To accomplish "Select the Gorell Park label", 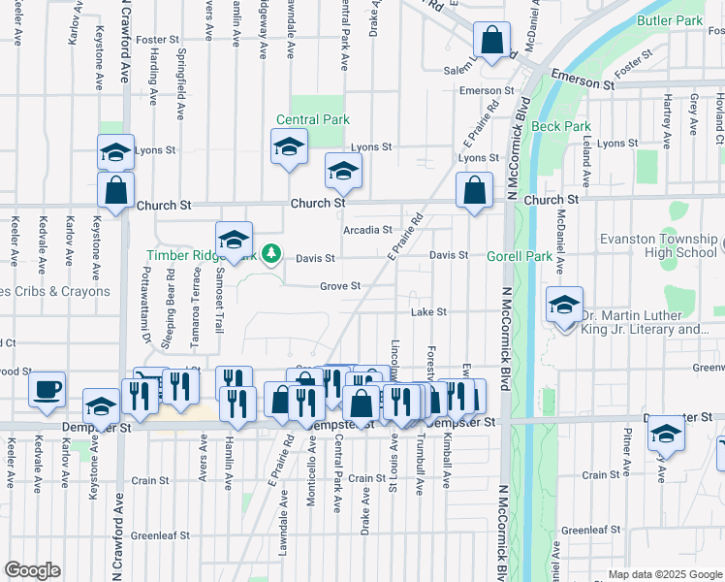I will [x=526, y=256].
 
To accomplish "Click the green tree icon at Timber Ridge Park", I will [x=272, y=254].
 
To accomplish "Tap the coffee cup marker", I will [x=47, y=390].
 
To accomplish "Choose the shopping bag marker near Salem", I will [x=491, y=42].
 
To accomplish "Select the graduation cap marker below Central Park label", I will [x=288, y=147].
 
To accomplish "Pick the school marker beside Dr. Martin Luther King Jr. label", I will [x=563, y=306].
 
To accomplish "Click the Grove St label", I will [x=340, y=286].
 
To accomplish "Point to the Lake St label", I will [x=427, y=312].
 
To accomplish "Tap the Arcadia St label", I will [x=366, y=231].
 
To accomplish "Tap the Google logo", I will [x=32, y=570].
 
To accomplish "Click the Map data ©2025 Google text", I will [x=663, y=574].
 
